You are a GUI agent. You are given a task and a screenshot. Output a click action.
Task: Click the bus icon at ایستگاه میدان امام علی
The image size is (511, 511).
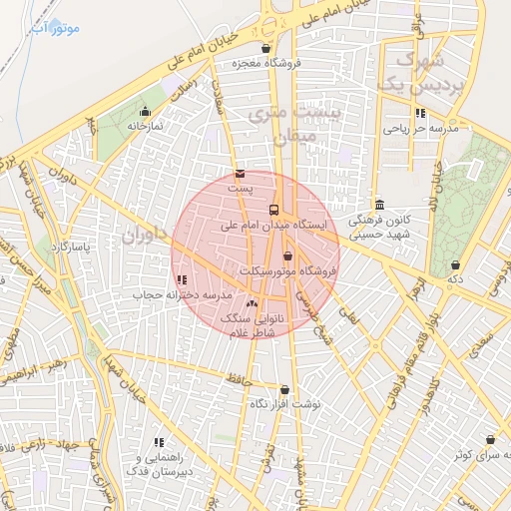point(274,209)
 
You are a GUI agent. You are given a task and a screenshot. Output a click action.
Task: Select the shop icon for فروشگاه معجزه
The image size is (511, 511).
point(265,48)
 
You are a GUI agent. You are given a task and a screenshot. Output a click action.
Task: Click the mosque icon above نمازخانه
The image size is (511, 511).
point(146,112)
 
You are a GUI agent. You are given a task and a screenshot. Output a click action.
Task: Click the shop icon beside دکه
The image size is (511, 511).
point(456,264)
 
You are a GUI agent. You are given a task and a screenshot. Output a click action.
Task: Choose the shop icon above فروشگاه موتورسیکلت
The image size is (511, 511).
point(288,256)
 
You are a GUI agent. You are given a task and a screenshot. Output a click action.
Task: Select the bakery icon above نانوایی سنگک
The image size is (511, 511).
point(251,302)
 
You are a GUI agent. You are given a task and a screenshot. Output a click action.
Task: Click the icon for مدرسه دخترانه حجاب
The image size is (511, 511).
point(181,281)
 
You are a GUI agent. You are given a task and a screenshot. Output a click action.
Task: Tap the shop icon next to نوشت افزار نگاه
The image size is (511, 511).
point(284,389)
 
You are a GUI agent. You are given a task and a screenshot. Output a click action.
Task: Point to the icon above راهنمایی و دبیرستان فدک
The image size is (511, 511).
point(158,441)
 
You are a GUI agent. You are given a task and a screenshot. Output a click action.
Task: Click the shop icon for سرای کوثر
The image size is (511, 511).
point(490,439)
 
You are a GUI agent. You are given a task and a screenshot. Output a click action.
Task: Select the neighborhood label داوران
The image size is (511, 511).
point(139,238)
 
